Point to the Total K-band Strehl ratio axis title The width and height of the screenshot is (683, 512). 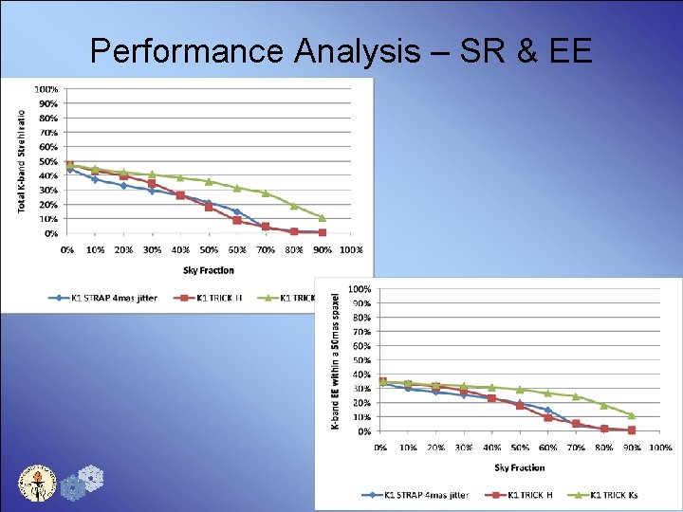pyautogui.click(x=22, y=160)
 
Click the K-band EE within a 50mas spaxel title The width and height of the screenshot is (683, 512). pyautogui.click(x=335, y=360)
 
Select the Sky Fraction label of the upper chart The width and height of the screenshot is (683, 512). pyautogui.click(x=208, y=270)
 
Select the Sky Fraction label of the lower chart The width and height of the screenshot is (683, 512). pyautogui.click(x=520, y=467)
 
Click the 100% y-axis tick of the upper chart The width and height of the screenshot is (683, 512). pyautogui.click(x=46, y=89)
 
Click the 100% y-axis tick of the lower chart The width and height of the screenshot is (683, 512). pyautogui.click(x=360, y=288)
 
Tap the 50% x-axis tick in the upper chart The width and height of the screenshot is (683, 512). pyautogui.click(x=209, y=250)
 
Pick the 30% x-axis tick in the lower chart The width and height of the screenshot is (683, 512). pyautogui.click(x=464, y=447)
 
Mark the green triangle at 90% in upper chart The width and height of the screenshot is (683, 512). pyautogui.click(x=323, y=218)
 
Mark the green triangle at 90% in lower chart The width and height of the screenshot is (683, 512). pyautogui.click(x=632, y=415)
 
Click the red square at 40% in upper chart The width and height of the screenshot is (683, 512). pyautogui.click(x=180, y=195)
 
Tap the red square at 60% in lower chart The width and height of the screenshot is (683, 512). pyautogui.click(x=547, y=417)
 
